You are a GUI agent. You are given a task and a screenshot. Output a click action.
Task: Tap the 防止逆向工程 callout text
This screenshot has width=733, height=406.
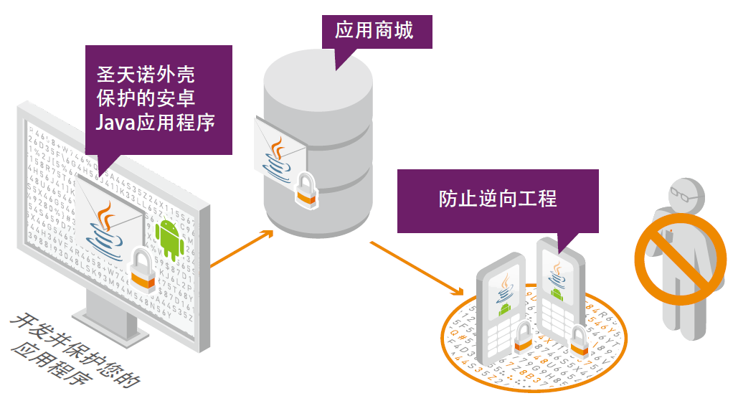(x=497, y=199)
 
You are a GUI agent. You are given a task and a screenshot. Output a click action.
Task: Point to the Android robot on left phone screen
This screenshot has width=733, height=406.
(x=504, y=308)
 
